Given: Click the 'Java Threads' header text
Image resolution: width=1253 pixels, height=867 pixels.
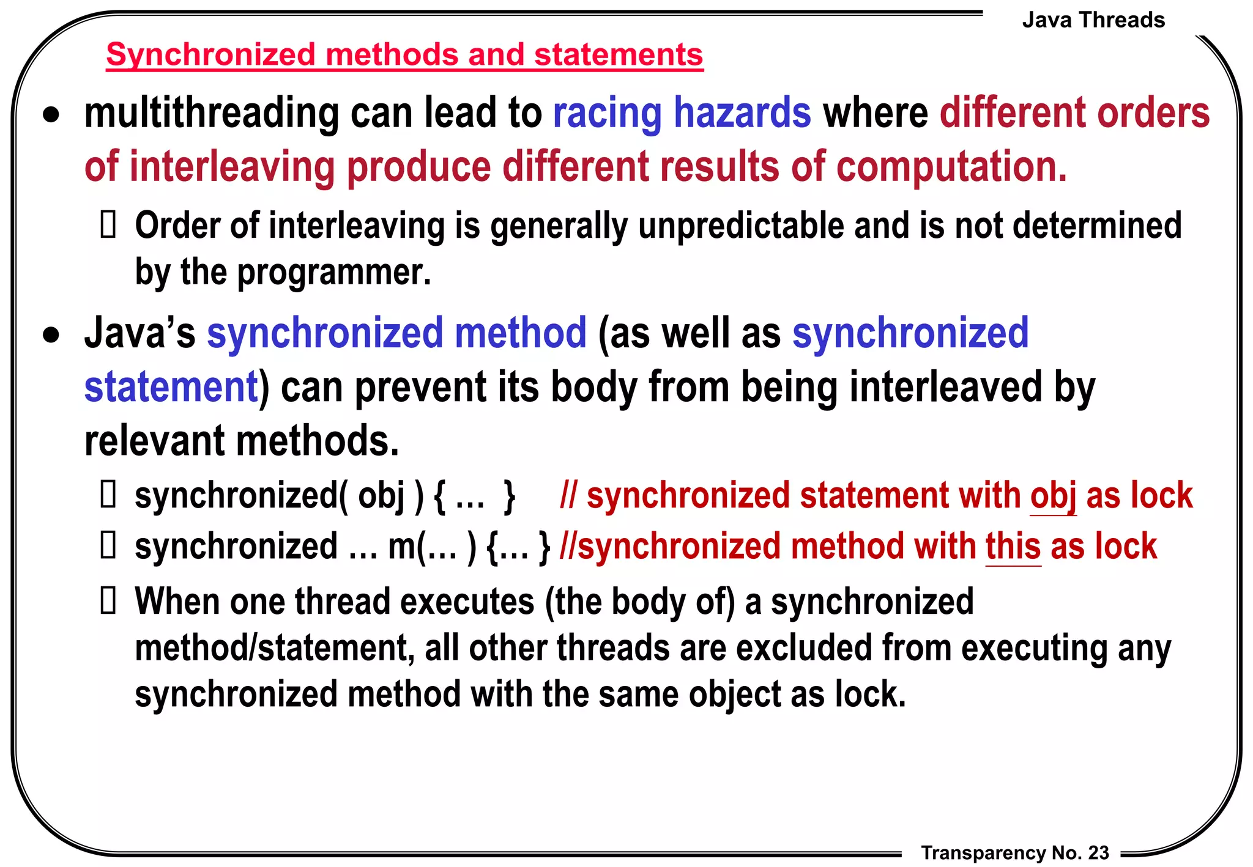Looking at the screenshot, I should [x=1093, y=20].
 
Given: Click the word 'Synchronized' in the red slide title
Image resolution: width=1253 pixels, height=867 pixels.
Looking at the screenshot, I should [x=210, y=54].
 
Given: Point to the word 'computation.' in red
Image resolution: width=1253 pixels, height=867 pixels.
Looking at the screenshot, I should [x=951, y=167].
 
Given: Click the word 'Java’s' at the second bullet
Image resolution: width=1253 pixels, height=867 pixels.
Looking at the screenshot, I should [x=140, y=333].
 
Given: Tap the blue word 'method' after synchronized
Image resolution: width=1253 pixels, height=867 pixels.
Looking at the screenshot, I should [x=520, y=333].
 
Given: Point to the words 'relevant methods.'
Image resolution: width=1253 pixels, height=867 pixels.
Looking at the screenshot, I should [x=242, y=440].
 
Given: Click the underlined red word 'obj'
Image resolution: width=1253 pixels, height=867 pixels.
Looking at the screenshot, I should [x=1052, y=495].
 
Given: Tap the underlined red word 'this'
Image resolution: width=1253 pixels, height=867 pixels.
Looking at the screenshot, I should [x=1013, y=546].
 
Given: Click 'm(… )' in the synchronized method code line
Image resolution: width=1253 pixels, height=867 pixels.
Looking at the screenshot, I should [x=432, y=546].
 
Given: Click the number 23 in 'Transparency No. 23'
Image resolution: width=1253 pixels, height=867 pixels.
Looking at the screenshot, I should [x=1099, y=852].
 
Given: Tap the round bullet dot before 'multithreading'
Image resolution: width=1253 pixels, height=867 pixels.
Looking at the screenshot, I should [x=51, y=115].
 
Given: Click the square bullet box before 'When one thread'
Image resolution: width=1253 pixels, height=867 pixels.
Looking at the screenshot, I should [x=108, y=600].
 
